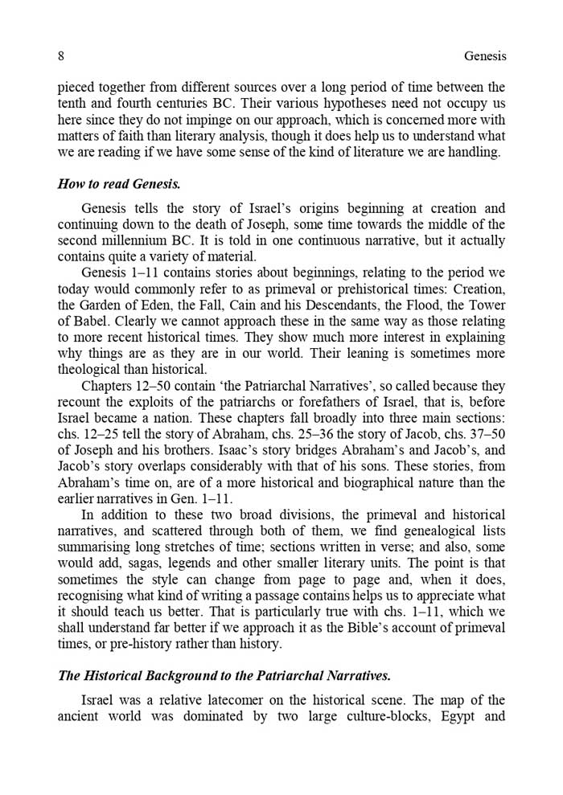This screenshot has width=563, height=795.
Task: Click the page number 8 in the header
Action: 61,56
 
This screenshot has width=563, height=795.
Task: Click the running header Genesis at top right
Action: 485,56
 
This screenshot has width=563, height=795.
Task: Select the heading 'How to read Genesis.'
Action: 118,184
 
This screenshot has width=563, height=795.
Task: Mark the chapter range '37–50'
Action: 487,434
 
